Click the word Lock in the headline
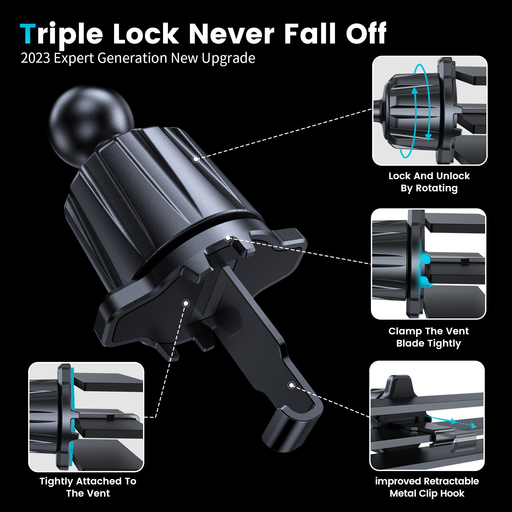(146, 34)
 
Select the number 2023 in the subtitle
(35, 58)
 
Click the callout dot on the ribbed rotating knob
(196, 159)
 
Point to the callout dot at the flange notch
(228, 238)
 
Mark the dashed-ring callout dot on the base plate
(186, 303)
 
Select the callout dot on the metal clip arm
(291, 385)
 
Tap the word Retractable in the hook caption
(452, 481)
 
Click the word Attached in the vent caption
(99, 481)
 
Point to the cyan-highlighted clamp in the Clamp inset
(424, 267)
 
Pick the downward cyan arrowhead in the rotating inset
(428, 137)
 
